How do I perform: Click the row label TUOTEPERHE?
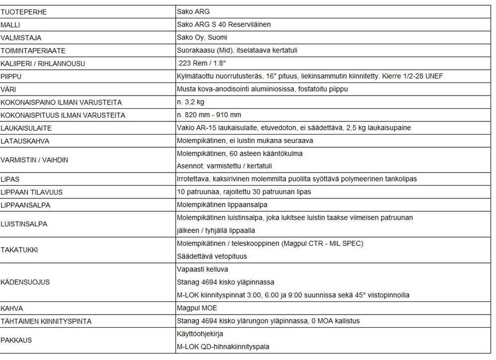[x=24, y=12]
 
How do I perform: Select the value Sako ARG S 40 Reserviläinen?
[x=224, y=24]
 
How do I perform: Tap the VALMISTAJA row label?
[x=21, y=37]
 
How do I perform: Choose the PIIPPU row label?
[x=12, y=76]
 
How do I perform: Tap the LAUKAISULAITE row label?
[x=26, y=128]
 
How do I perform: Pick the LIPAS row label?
[x=10, y=179]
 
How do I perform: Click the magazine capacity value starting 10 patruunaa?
[x=243, y=192]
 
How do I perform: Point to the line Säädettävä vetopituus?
[x=212, y=256]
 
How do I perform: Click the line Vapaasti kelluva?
[x=203, y=269]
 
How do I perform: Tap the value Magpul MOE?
[x=197, y=308]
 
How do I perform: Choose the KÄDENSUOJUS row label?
[x=25, y=282]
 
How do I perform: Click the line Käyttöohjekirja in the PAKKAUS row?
[x=200, y=334]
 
